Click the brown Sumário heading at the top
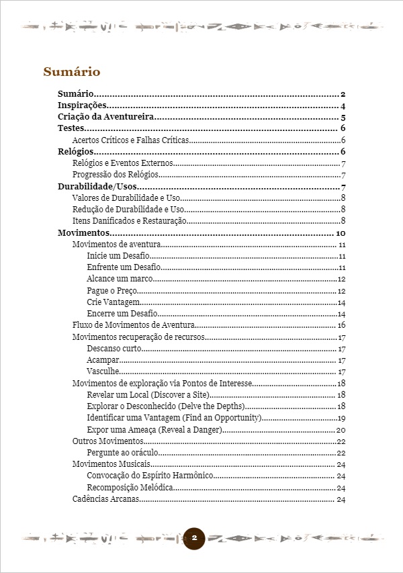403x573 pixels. (x=72, y=72)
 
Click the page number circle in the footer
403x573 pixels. (x=194, y=538)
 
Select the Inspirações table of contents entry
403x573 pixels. (x=83, y=105)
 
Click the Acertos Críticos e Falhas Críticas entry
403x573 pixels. (x=130, y=140)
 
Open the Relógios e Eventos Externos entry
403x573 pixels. (x=123, y=164)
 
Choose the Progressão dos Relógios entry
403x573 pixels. (x=115, y=175)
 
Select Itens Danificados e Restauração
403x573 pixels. (x=128, y=221)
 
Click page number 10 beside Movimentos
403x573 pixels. (x=340, y=233)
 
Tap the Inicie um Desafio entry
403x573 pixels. (x=118, y=256)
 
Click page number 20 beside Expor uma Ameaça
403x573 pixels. (x=341, y=429)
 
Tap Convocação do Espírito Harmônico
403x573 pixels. (x=150, y=476)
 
